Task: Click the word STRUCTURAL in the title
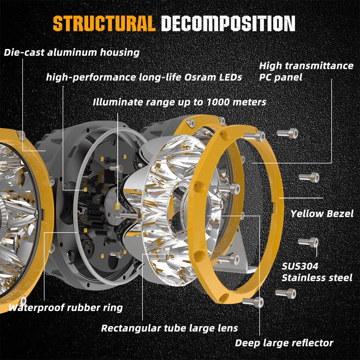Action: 104,23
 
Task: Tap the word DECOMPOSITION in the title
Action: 228,23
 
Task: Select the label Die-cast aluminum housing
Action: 72,53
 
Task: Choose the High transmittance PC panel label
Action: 306,71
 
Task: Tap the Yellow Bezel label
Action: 322,213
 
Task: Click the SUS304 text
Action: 300,266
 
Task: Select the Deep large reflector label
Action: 284,343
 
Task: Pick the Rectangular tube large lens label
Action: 170,328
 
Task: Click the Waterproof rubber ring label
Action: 66,308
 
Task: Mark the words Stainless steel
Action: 317,278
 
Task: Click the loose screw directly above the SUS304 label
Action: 308,242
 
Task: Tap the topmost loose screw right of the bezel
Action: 288,133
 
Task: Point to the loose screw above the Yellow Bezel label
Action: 309,177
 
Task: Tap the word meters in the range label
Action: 248,102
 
